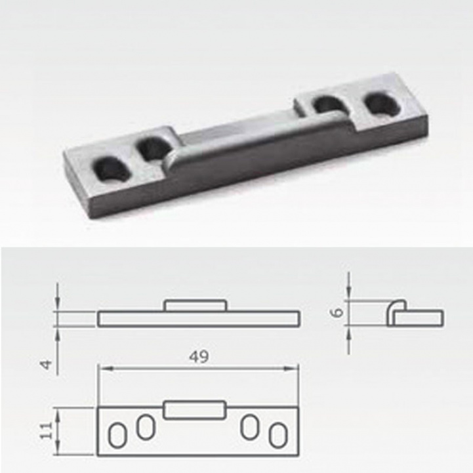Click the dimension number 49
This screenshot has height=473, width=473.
coord(199,358)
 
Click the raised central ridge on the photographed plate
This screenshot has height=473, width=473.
coord(256,134)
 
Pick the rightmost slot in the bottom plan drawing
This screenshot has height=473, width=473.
coord(278,436)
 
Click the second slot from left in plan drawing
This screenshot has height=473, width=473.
coord(144,428)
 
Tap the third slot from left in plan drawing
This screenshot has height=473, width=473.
coord(249,428)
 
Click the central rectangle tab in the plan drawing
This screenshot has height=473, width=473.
coord(195,410)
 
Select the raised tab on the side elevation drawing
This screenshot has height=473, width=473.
coord(195,306)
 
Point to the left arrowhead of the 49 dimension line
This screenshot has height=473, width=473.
coord(101,368)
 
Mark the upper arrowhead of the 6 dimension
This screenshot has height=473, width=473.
coord(350,297)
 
